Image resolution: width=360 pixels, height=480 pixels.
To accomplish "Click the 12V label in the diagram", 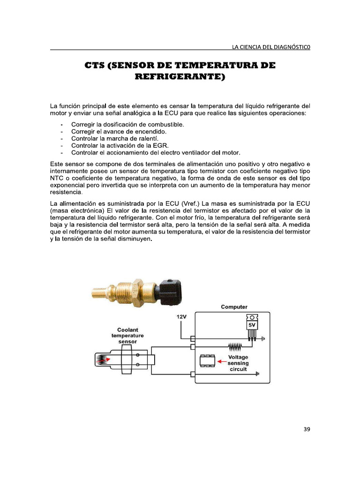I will [181, 316].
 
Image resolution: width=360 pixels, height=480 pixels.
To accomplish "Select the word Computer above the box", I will [234, 307].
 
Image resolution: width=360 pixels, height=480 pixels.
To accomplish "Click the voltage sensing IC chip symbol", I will [207, 360].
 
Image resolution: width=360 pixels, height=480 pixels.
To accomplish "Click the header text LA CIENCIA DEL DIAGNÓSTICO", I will [271, 46].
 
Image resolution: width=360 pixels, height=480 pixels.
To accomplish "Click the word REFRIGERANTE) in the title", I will [180, 76].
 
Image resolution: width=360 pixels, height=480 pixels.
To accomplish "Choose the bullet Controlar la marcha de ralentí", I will [115, 139].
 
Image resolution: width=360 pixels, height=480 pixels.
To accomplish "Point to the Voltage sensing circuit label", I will [238, 363].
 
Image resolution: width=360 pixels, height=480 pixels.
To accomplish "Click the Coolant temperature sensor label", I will [127, 336].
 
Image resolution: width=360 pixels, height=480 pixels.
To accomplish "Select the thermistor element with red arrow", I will [103, 360].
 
